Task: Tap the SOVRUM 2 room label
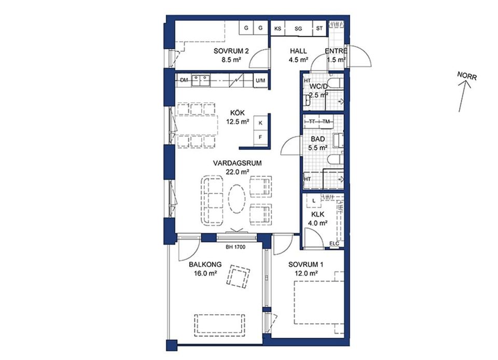(x=231, y=51)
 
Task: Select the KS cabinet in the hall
(x=278, y=29)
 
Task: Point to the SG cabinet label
(x=298, y=29)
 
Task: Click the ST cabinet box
(x=320, y=28)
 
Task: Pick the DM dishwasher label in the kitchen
(x=184, y=80)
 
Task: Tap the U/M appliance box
(x=261, y=80)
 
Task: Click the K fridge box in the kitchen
(x=260, y=123)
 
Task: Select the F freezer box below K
(x=260, y=137)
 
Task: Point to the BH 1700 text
(x=236, y=247)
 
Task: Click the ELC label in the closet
(x=334, y=244)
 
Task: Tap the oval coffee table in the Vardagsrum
(x=237, y=199)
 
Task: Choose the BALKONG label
(x=205, y=265)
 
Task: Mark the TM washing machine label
(x=326, y=121)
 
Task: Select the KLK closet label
(x=317, y=215)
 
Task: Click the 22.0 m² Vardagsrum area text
(x=237, y=172)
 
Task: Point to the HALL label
(x=299, y=51)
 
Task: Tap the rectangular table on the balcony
(x=220, y=325)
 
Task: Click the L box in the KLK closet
(x=314, y=201)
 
